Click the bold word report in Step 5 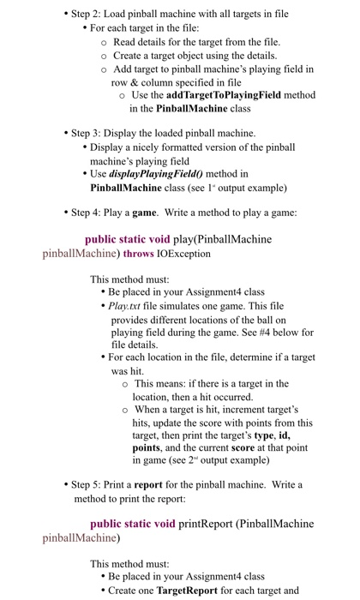(x=153, y=484)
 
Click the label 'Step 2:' (x=88, y=15)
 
